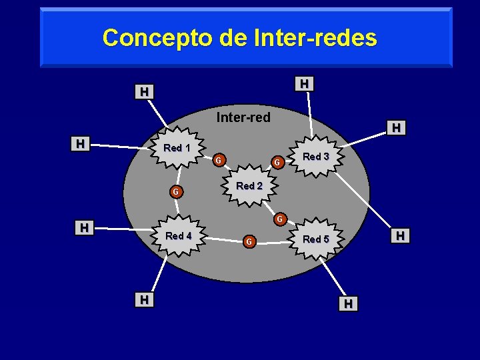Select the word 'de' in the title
tap(233, 37)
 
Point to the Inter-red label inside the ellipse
tap(243, 118)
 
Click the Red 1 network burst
tap(177, 148)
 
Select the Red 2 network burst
tap(249, 186)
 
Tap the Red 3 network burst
tap(316, 157)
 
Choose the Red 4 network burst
tap(179, 236)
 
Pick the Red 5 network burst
tap(316, 239)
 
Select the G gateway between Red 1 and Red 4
tap(175, 193)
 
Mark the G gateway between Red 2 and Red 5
tap(281, 219)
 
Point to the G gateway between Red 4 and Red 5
tap(248, 241)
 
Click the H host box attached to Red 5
tap(348, 304)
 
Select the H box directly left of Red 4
tap(84, 228)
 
